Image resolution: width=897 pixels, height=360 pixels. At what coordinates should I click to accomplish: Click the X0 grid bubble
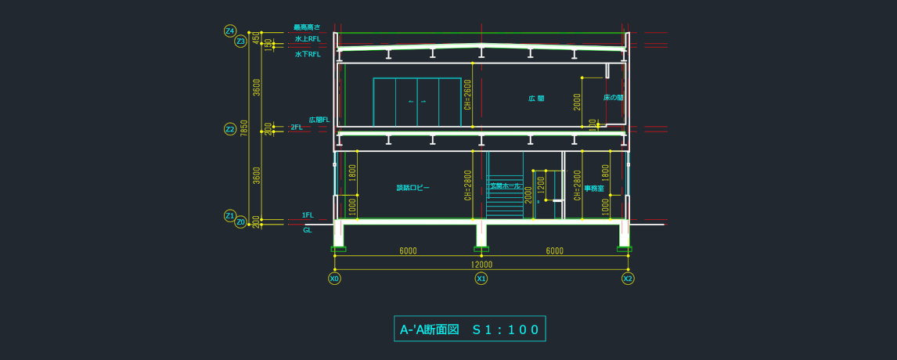(334, 279)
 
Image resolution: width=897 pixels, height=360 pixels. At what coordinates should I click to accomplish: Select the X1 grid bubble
(481, 279)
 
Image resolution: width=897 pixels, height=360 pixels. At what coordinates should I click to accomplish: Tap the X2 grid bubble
(628, 279)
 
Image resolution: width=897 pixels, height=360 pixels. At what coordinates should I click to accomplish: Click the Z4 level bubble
(230, 31)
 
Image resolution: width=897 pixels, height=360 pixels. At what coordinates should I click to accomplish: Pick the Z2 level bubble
(230, 129)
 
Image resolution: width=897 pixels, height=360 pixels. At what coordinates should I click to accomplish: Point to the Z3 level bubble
(240, 41)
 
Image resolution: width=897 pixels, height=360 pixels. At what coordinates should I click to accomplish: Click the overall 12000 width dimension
(481, 265)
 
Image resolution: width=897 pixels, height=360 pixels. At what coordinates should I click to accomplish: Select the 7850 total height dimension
(244, 128)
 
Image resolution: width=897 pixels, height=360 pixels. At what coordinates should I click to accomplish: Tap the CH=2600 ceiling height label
(468, 94)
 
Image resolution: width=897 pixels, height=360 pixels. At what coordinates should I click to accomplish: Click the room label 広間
(536, 99)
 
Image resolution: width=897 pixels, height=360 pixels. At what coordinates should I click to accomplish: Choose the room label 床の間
(613, 98)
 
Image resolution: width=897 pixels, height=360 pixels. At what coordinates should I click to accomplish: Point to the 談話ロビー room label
(412, 188)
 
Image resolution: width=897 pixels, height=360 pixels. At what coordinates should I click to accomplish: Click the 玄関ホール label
(505, 186)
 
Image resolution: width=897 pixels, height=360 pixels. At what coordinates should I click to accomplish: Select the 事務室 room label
(594, 189)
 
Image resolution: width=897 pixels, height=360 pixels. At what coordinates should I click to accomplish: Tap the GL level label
(308, 230)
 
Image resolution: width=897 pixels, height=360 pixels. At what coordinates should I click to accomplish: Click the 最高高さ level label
(307, 27)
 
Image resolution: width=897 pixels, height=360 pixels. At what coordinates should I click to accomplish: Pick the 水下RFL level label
(308, 55)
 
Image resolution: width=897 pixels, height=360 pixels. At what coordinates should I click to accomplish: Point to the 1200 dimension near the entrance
(541, 185)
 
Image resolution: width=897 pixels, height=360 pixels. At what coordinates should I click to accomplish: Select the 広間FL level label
(319, 120)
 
